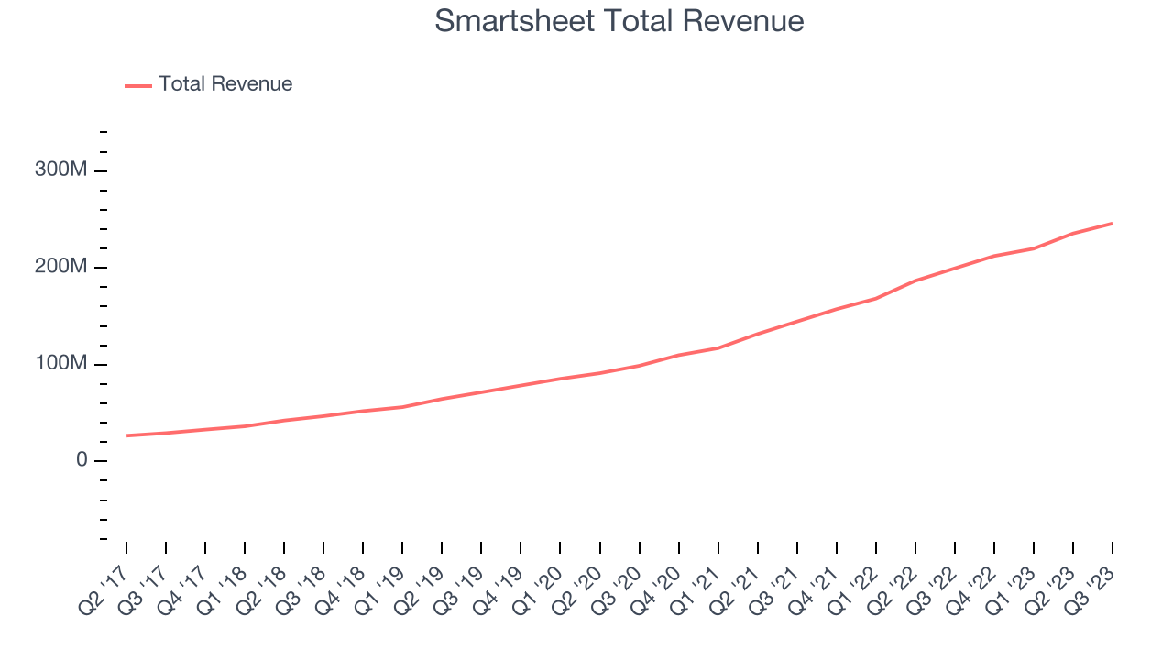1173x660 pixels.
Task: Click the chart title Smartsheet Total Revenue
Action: tap(619, 21)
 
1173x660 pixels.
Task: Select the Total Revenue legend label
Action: tap(225, 84)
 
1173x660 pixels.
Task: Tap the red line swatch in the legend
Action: tap(138, 85)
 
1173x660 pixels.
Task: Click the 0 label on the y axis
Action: tap(82, 460)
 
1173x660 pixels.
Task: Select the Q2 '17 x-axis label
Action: tap(103, 579)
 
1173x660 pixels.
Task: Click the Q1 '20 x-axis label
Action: tap(537, 579)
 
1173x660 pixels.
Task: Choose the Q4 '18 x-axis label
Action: tap(339, 579)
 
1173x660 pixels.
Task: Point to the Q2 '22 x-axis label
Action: tap(892, 579)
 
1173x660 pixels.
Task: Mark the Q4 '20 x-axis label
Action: tap(655, 579)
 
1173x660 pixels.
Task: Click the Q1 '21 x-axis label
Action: tap(695, 579)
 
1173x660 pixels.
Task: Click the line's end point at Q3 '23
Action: tap(1113, 224)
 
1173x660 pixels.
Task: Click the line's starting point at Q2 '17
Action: tap(126, 435)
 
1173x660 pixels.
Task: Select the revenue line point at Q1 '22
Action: tap(876, 298)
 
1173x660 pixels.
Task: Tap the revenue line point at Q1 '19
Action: tap(402, 407)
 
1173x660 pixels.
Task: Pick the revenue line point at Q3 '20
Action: tap(640, 365)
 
